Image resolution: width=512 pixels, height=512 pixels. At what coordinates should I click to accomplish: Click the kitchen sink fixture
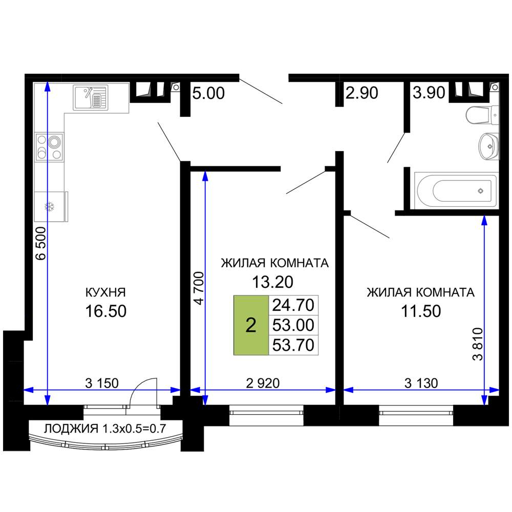[x=91, y=98]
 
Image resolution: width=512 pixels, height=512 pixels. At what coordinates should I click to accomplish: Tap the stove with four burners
[x=49, y=146]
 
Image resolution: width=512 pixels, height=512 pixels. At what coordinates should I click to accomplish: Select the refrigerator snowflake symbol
[x=49, y=207]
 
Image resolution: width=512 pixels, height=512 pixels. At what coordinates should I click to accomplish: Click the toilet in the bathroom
[x=482, y=115]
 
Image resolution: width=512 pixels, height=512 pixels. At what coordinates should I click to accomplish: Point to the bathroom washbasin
[x=488, y=146]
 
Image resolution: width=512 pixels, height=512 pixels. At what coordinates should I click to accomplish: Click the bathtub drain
[x=480, y=191]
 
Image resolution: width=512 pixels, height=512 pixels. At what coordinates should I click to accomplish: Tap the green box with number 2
[x=251, y=325]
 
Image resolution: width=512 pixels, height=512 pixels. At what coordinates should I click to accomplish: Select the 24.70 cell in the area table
[x=293, y=305]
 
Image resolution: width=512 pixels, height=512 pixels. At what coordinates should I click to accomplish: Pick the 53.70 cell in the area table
[x=293, y=345]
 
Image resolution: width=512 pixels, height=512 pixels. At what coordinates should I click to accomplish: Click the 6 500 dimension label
[x=41, y=243]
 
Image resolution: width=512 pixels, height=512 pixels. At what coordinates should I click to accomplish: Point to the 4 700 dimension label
[x=199, y=288]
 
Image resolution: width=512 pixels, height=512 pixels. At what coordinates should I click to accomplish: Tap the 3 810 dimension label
[x=477, y=344]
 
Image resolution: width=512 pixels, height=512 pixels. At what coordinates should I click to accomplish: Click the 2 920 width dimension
[x=263, y=383]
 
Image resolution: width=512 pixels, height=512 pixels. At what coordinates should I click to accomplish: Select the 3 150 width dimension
[x=102, y=383]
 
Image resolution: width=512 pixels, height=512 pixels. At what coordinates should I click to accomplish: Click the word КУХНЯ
[x=105, y=292]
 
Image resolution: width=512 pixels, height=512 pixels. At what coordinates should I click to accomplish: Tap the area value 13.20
[x=273, y=282]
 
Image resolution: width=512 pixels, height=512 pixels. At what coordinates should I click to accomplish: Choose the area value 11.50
[x=421, y=311]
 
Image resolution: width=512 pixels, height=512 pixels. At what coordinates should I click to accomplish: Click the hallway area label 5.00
[x=208, y=93]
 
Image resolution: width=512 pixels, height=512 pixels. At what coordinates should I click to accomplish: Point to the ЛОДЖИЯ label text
[x=71, y=429]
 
